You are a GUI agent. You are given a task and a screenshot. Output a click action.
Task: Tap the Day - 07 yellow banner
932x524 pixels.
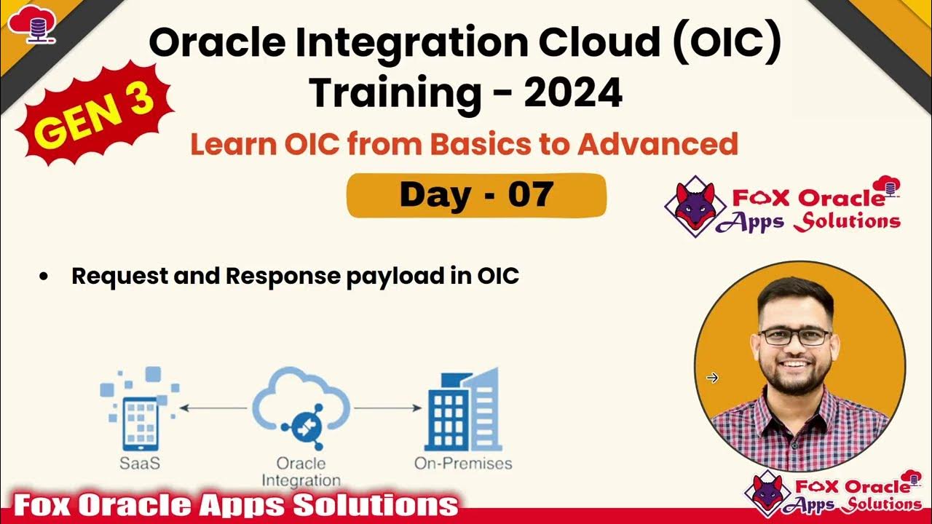pyautogui.click(x=476, y=195)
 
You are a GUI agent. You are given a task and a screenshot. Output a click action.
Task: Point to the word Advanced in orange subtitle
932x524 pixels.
pyautogui.click(x=657, y=144)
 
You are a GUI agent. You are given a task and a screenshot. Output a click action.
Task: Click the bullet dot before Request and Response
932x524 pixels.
pyautogui.click(x=44, y=277)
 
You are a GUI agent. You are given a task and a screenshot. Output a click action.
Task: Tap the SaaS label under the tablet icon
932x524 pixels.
pyautogui.click(x=141, y=463)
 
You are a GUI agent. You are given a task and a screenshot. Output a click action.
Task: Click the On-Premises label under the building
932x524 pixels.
pyautogui.click(x=463, y=463)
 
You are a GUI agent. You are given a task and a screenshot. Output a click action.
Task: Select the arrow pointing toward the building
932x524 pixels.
pyautogui.click(x=387, y=408)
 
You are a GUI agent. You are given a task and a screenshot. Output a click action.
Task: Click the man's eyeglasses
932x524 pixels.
pyautogui.click(x=794, y=336)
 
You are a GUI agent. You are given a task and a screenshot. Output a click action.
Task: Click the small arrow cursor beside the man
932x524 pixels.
pyautogui.click(x=712, y=377)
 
